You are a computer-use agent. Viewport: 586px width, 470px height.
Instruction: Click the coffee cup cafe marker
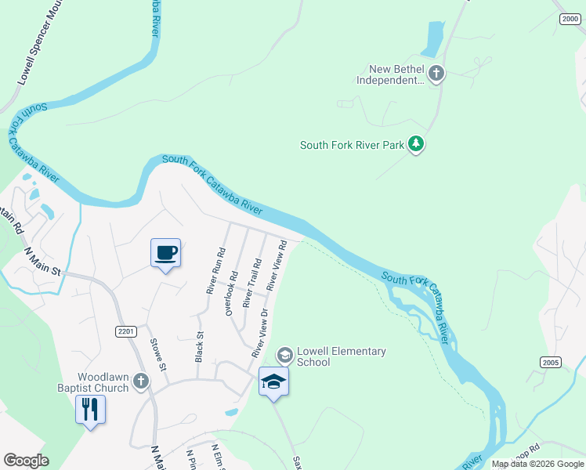165,253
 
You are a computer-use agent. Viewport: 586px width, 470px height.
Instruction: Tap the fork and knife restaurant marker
90,409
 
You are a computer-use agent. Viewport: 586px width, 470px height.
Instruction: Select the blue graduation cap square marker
273,381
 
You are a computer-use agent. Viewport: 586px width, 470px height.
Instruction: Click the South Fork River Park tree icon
417,144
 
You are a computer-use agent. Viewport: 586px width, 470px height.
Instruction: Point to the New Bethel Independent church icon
436,74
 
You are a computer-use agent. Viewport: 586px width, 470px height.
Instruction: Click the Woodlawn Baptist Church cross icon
141,381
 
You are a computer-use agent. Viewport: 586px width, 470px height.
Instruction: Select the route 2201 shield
126,331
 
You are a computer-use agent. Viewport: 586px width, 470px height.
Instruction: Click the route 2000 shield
569,19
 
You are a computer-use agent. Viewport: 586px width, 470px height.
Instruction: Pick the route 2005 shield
550,361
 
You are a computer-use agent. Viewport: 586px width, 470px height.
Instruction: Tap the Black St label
199,346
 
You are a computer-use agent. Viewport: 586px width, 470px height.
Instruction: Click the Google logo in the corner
26,461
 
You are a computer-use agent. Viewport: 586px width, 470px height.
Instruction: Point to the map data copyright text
537,464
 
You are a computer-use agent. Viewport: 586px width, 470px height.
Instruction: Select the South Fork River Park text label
353,145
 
